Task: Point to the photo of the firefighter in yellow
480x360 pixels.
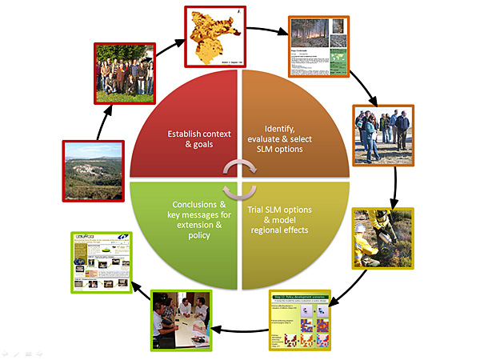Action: [382, 238]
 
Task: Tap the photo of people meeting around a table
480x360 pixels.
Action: [182, 319]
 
